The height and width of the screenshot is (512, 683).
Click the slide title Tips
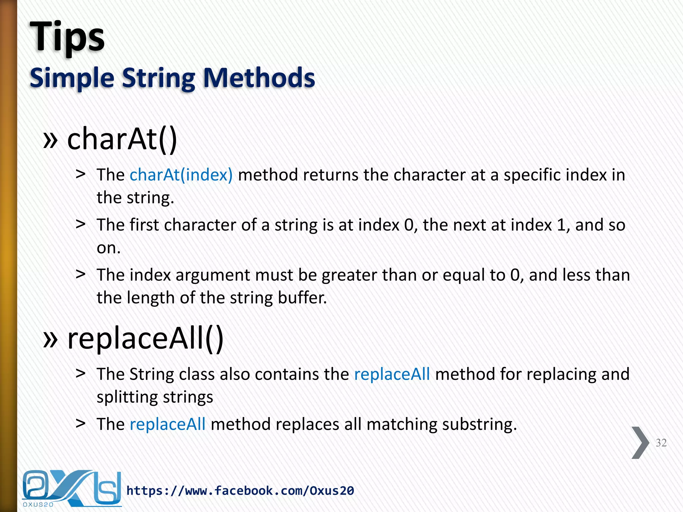pyautogui.click(x=67, y=37)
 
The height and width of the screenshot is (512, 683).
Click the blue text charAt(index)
pyautogui.click(x=181, y=175)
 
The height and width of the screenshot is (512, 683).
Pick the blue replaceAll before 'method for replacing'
pyautogui.click(x=392, y=374)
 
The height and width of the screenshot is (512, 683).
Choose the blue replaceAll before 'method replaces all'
pyautogui.click(x=167, y=424)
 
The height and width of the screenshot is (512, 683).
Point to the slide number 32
pyautogui.click(x=661, y=443)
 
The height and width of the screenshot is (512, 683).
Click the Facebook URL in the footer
pyautogui.click(x=240, y=491)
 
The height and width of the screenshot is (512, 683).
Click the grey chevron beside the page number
pyautogui.click(x=640, y=443)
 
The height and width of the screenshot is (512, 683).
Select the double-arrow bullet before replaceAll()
pyautogui.click(x=50, y=340)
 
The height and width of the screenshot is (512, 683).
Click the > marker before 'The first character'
pyautogui.click(x=80, y=224)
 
